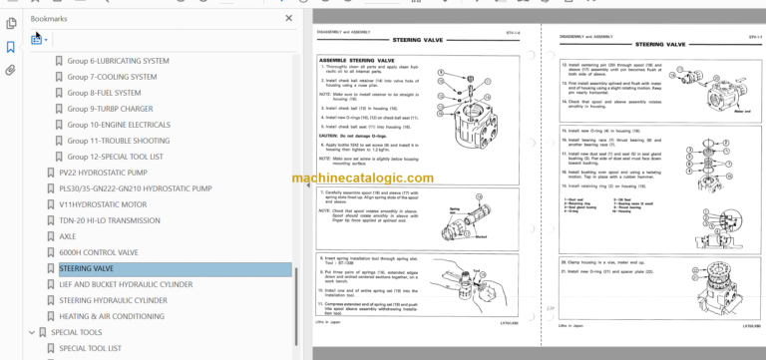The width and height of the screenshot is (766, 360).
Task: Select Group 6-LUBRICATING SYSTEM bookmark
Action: pos(118,61)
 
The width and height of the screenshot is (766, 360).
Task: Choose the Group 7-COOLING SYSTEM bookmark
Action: pos(112,77)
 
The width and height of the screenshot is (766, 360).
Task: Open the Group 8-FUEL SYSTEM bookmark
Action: pos(104,93)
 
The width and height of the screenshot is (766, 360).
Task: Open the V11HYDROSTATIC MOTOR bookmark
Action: pos(103,204)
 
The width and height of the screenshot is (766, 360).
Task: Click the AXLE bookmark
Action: pos(68,236)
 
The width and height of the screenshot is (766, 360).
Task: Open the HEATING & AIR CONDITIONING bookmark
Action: pos(111,316)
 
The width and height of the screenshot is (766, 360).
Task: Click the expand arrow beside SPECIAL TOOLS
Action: pos(32,332)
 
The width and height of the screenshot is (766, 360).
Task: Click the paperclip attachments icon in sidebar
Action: pos(11,70)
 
